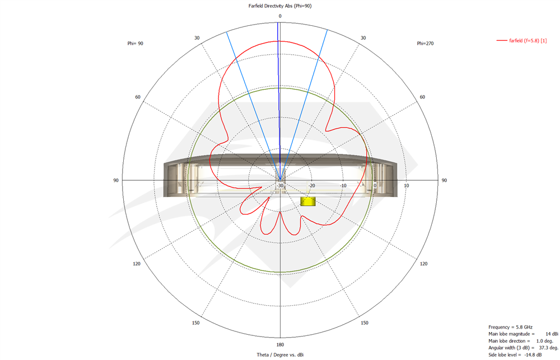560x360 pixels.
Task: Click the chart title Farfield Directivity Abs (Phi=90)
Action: pyautogui.click(x=279, y=6)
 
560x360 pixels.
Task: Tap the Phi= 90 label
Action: pyautogui.click(x=136, y=43)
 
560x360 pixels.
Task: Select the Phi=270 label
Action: pyautogui.click(x=425, y=43)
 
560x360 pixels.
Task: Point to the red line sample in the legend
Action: pyautogui.click(x=502, y=40)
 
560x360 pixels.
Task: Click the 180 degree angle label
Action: pyautogui.click(x=279, y=344)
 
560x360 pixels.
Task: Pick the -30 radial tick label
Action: pyautogui.click(x=280, y=186)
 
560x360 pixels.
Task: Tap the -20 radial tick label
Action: pyautogui.click(x=312, y=186)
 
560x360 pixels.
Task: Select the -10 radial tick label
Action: pyautogui.click(x=343, y=186)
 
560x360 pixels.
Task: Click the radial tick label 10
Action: pyautogui.click(x=407, y=186)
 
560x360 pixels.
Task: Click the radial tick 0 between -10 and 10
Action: pyautogui.click(x=375, y=186)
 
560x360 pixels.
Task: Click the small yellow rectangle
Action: pyautogui.click(x=307, y=201)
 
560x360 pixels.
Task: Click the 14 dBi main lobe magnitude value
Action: pyautogui.click(x=549, y=333)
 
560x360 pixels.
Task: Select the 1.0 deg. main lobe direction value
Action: pyautogui.click(x=545, y=341)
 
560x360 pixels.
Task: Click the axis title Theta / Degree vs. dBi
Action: pyautogui.click(x=279, y=355)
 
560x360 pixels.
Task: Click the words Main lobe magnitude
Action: pyautogui.click(x=507, y=334)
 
